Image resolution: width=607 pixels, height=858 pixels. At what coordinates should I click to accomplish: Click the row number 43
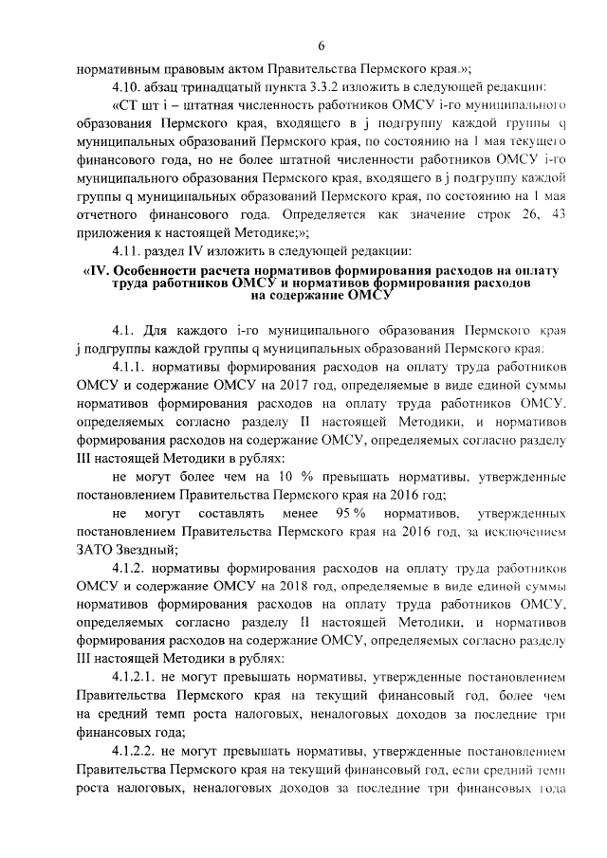[557, 213]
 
